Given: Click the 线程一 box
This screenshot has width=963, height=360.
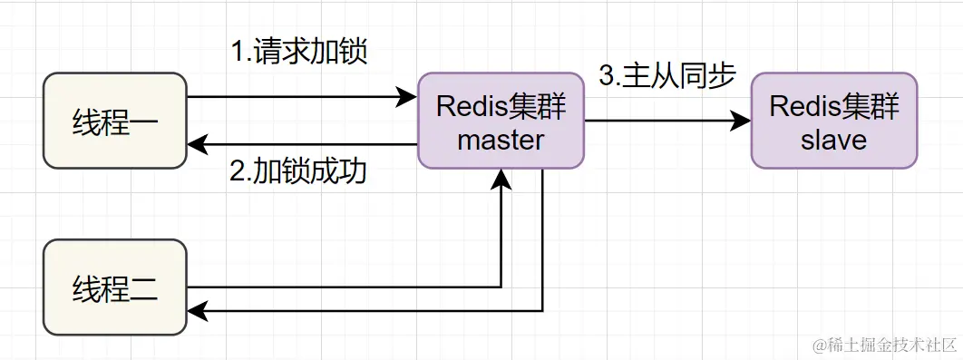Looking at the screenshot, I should pos(115,122).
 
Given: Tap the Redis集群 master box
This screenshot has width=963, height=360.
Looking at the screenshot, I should pos(501,122).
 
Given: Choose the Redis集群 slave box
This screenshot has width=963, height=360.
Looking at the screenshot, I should pos(834,122).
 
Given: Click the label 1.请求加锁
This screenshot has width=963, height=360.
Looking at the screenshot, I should pos(298,52).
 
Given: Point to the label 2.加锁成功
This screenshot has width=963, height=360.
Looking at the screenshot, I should pos(298,171).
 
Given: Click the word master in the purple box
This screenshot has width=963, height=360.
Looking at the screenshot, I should pos(501,140).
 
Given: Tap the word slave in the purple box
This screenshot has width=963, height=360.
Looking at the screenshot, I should pos(834,140).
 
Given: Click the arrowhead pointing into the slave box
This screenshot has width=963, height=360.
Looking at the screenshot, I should pos(742,121).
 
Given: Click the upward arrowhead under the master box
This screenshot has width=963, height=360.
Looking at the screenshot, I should pos(501,180).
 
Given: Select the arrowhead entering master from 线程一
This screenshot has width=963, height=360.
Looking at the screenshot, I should pos(407,96).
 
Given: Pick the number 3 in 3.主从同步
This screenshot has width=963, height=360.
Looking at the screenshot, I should pos(606,76).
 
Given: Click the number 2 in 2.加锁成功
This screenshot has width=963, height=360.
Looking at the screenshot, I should pos(238,172).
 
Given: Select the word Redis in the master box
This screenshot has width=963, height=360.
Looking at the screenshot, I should pos(466,107).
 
